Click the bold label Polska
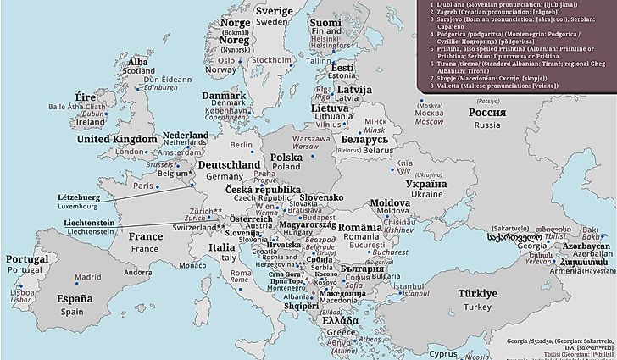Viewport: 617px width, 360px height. (286, 158)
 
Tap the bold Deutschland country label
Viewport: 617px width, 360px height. (228, 164)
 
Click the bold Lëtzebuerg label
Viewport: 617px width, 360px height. (79, 197)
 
